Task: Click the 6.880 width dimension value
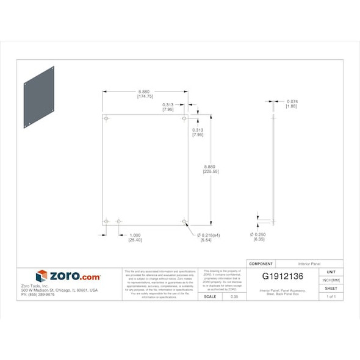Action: click(145, 91)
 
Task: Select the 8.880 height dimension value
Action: click(210, 167)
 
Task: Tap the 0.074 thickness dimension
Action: click(292, 101)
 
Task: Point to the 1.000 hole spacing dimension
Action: click(135, 235)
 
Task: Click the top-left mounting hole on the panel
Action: click(106, 118)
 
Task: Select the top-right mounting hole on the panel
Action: click(184, 118)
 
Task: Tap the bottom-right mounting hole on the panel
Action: click(184, 221)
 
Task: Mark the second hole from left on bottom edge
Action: click(119, 221)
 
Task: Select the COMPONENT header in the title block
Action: click(261, 264)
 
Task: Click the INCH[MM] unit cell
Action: click(331, 280)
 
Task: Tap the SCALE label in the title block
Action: click(209, 297)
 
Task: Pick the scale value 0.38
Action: click(234, 297)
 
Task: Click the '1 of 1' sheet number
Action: click(331, 297)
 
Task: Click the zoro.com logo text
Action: click(74, 276)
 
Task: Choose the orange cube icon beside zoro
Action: click(41, 276)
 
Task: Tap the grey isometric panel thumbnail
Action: click(39, 98)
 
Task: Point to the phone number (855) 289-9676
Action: click(38, 295)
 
